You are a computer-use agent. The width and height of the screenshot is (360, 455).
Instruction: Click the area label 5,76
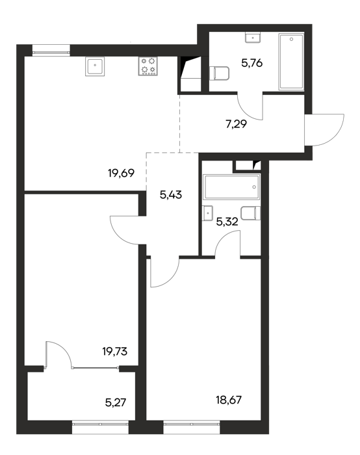click(251, 63)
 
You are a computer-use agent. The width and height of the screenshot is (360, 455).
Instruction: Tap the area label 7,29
click(236, 124)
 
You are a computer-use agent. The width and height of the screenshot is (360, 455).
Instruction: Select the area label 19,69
click(122, 174)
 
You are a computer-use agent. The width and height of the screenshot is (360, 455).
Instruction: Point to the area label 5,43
click(171, 195)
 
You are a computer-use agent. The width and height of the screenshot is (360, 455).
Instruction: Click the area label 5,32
click(227, 222)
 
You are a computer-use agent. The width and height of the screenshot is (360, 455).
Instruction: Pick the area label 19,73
click(115, 352)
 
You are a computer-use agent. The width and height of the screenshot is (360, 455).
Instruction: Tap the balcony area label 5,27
click(116, 403)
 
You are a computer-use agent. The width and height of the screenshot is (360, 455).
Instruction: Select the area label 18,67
click(229, 400)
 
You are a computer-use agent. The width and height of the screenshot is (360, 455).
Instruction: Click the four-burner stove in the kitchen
click(148, 66)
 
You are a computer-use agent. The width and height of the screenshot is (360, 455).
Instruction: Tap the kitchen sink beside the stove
click(95, 66)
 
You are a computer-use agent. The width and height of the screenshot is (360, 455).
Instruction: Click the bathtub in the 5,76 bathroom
click(291, 62)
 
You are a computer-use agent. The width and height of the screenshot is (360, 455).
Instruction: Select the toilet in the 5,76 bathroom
click(219, 73)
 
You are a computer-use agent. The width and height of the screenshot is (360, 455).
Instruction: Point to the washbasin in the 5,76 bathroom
click(253, 38)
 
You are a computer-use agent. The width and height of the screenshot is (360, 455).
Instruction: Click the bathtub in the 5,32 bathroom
click(231, 187)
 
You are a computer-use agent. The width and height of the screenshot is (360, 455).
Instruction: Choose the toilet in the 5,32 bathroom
click(251, 213)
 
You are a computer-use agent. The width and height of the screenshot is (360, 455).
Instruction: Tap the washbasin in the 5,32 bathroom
click(208, 214)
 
